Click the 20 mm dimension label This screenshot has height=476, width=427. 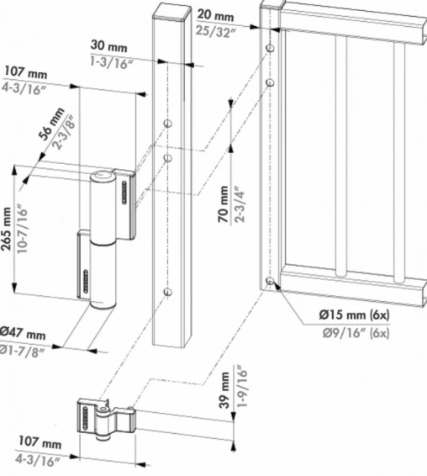[215, 15]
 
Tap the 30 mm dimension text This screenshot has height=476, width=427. [109, 46]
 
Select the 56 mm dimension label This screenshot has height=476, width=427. [52, 124]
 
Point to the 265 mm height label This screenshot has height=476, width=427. [7, 230]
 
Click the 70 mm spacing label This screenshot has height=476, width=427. [224, 204]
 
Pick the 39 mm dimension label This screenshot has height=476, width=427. [225, 390]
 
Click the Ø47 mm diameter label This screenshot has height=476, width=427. [23, 333]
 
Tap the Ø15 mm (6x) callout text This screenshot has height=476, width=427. [354, 315]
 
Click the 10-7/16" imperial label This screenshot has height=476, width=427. [22, 230]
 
